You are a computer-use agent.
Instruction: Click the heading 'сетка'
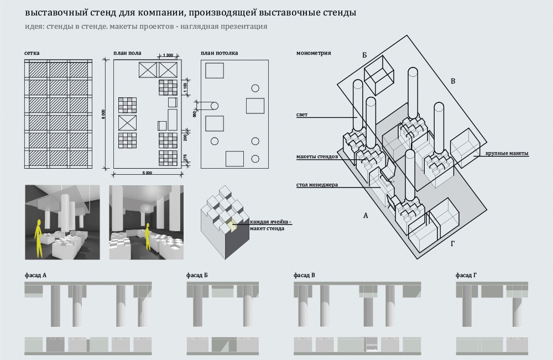pos(32,54)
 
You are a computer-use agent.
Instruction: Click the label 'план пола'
pos(127,54)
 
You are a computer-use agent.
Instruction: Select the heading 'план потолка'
pos(220,54)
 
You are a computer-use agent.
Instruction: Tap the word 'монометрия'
pos(314,54)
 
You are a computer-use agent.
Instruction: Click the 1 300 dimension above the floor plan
pos(169,55)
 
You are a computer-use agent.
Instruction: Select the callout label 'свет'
pos(301,115)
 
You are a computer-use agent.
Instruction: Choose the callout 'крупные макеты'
pos(507,153)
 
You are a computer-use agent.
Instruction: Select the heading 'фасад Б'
pos(198,275)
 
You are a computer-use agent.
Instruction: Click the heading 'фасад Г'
pos(466,275)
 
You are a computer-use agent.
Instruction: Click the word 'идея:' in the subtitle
pos(35,26)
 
